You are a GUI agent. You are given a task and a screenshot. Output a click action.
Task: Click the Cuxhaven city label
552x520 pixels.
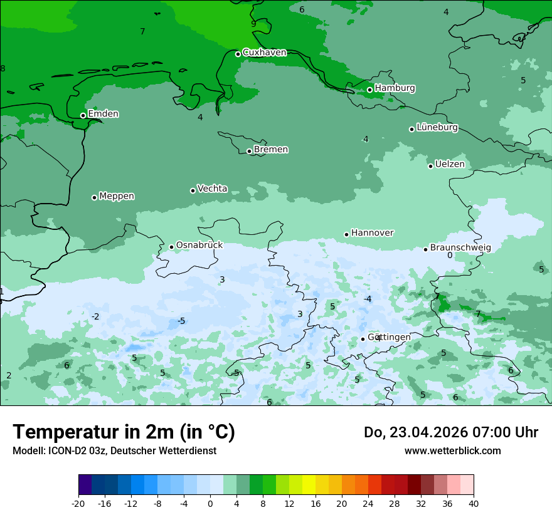(264, 53)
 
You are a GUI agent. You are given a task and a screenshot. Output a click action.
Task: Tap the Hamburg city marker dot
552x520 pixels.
(370, 90)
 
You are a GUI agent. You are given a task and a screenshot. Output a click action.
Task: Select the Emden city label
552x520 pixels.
(103, 114)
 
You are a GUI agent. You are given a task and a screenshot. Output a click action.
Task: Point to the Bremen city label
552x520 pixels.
(270, 150)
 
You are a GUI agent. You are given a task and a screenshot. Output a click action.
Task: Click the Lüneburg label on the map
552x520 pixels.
(437, 128)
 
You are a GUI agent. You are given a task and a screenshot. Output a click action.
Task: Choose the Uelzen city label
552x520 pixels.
(450, 164)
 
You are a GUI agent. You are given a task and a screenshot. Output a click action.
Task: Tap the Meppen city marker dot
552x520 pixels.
(95, 197)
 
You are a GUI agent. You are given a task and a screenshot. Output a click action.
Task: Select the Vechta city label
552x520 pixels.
(212, 189)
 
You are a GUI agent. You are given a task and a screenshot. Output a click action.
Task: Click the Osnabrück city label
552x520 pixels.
(199, 245)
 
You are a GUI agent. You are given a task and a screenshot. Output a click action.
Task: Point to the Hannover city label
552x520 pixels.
(372, 233)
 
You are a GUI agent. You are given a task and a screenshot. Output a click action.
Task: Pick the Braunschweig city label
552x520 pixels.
(460, 248)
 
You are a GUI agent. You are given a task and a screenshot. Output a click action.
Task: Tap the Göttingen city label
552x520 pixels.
(389, 337)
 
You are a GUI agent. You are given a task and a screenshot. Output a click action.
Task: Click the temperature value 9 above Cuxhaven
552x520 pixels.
(253, 24)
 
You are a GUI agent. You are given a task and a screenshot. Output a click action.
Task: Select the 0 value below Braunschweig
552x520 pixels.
(450, 256)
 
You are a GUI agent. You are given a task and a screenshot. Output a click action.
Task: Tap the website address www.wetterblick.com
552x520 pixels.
(452, 451)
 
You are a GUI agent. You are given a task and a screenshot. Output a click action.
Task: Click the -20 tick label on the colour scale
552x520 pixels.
(78, 504)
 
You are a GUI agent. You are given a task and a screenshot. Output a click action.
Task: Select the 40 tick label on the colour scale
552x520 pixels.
(473, 504)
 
